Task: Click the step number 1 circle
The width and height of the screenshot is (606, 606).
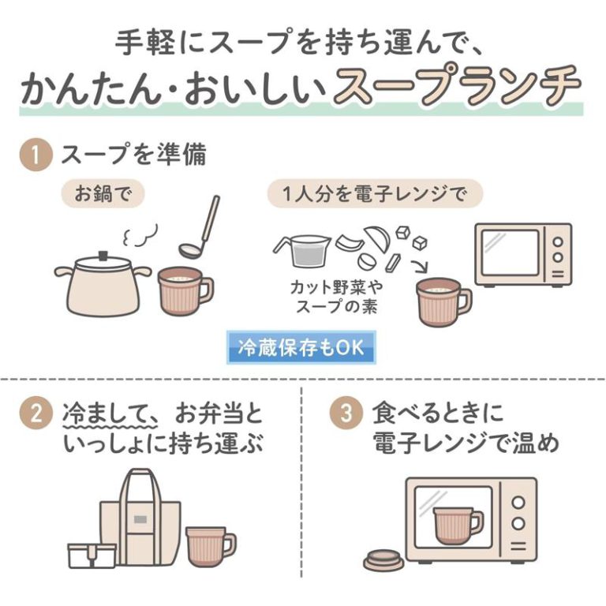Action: (x=36, y=155)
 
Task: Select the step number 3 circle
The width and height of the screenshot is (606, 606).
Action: (x=346, y=413)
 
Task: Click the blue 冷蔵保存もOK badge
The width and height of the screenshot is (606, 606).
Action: (x=301, y=347)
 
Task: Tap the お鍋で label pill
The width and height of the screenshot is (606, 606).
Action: (x=103, y=193)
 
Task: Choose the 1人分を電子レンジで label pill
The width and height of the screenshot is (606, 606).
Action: (x=375, y=193)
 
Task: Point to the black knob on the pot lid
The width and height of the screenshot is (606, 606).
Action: (x=103, y=256)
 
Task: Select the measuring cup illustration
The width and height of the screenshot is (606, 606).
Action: (x=303, y=250)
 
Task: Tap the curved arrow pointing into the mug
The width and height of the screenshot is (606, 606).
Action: (x=420, y=266)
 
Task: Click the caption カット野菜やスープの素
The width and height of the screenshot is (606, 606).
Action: (x=337, y=297)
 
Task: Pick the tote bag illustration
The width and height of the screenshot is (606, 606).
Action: (x=140, y=517)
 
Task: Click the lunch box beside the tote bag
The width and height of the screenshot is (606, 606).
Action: (x=92, y=555)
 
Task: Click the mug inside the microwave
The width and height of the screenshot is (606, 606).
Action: (x=458, y=526)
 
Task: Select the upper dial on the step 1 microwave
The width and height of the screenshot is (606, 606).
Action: (x=558, y=242)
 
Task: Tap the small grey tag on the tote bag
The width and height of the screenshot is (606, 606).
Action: (x=140, y=519)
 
